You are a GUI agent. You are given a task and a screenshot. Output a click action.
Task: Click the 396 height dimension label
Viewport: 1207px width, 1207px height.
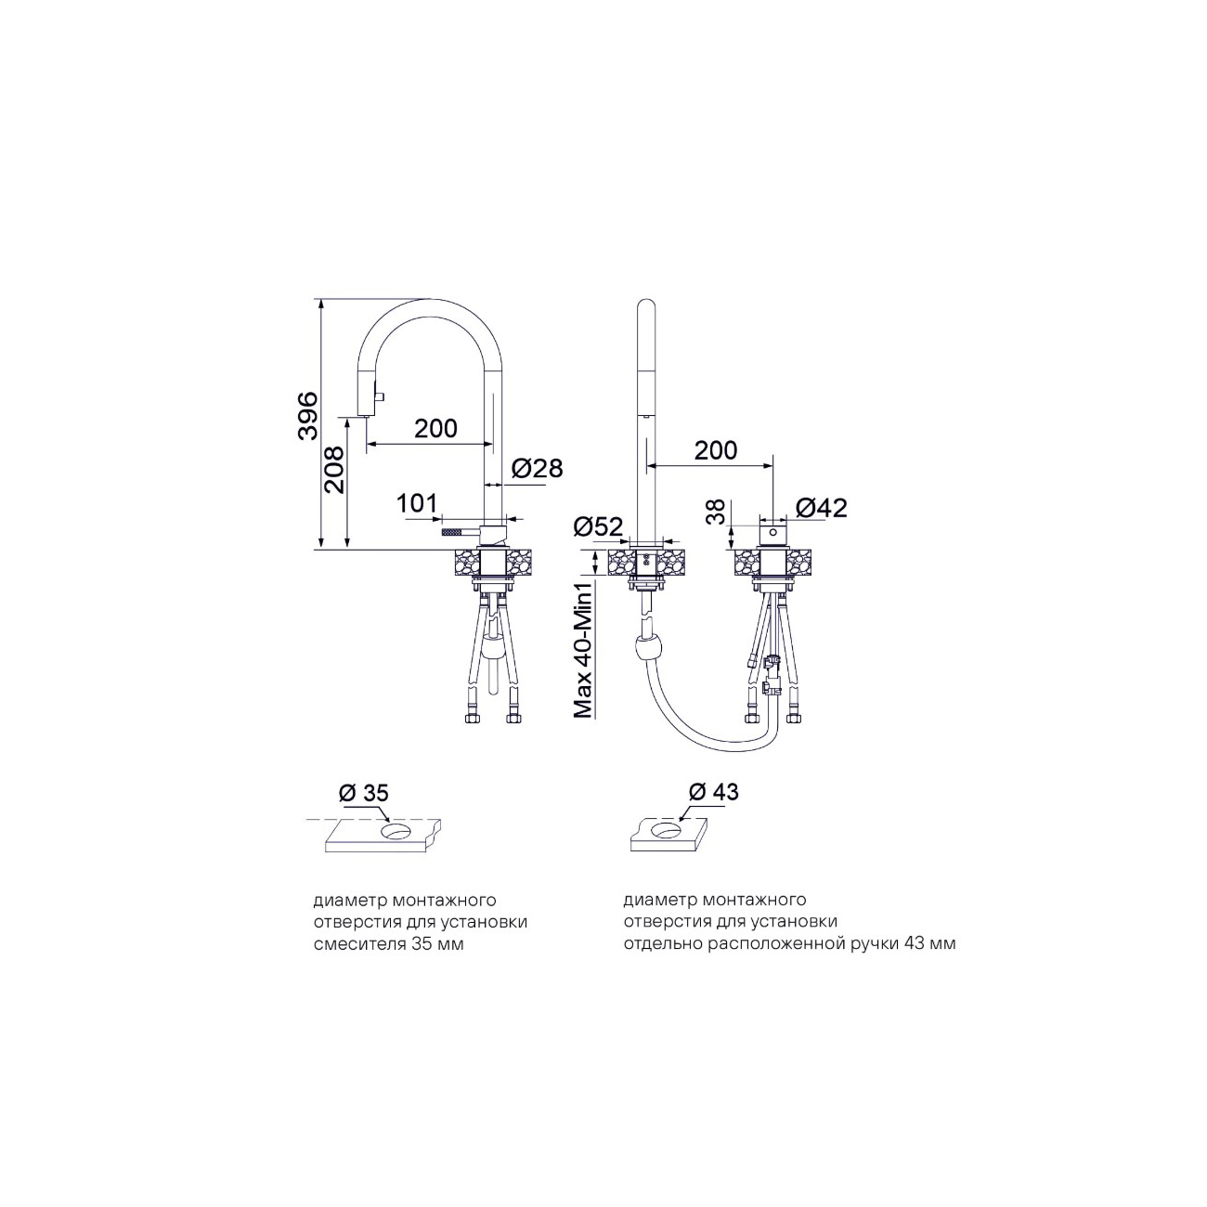click(307, 417)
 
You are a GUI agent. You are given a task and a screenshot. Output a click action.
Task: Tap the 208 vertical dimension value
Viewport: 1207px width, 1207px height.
click(335, 470)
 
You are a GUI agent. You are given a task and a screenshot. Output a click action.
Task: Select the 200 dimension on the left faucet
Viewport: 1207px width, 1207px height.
click(436, 428)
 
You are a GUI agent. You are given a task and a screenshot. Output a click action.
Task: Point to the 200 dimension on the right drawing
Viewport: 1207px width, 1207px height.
click(716, 450)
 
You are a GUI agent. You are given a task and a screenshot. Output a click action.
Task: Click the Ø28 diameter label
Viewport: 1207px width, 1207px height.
click(538, 468)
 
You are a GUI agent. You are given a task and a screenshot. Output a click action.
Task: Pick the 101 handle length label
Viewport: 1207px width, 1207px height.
click(417, 502)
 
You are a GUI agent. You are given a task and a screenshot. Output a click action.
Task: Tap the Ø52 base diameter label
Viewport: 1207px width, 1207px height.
click(599, 526)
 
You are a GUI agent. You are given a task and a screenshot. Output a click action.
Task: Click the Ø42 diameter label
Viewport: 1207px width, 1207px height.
click(821, 508)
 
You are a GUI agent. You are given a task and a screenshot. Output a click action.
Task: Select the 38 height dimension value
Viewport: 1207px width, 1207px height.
click(718, 511)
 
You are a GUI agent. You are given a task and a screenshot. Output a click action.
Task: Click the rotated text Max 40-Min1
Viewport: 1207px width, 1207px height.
click(584, 648)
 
